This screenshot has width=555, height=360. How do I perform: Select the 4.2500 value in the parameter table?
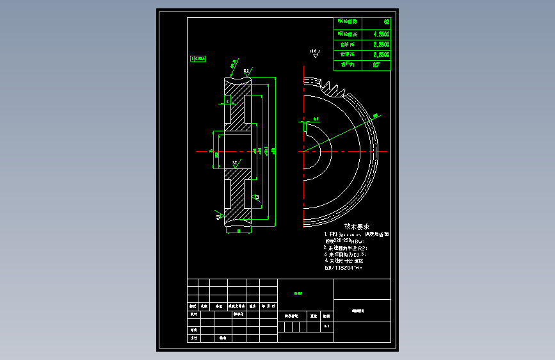pyautogui.click(x=381, y=33)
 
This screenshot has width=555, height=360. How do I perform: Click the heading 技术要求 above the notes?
pyautogui.click(x=357, y=226)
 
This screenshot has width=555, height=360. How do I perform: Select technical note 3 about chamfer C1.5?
pyautogui.click(x=346, y=254)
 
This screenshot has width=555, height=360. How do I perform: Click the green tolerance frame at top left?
pyautogui.click(x=198, y=58)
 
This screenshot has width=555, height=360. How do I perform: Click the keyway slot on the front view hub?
pyautogui.click(x=305, y=126)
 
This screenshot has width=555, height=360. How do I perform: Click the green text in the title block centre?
pyautogui.click(x=298, y=293)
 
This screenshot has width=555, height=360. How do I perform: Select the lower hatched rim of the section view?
pyautogui.click(x=237, y=195)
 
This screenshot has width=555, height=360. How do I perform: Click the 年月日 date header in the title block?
pyautogui.click(x=267, y=306)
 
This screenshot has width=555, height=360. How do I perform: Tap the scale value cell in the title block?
pyautogui.click(x=326, y=327)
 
